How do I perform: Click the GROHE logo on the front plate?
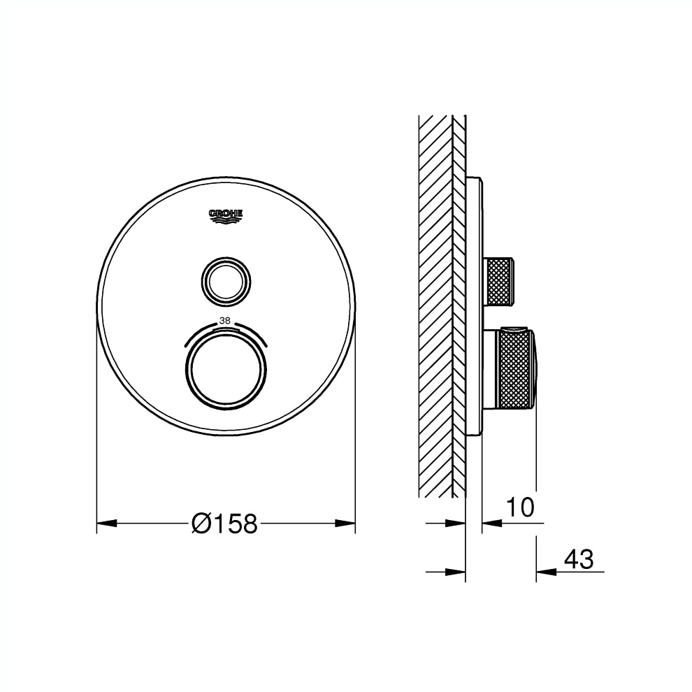(x=226, y=216)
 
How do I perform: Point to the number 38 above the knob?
(x=224, y=321)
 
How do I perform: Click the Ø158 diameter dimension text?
(x=224, y=524)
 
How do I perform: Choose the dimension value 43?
(x=579, y=559)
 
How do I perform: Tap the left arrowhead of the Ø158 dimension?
(x=107, y=524)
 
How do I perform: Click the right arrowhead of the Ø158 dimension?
(x=345, y=524)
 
